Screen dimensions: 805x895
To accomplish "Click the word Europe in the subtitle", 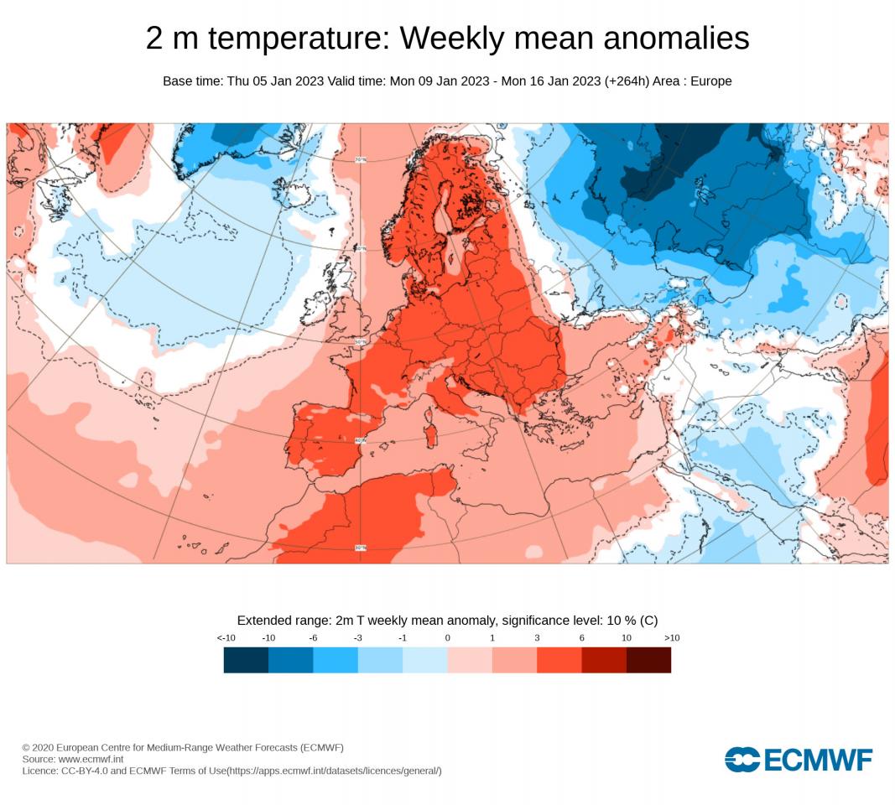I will [x=710, y=81].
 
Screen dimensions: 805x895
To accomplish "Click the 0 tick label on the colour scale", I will [x=447, y=638].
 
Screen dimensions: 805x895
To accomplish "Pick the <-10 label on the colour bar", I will [x=225, y=638].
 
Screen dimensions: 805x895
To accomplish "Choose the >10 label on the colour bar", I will [x=671, y=638].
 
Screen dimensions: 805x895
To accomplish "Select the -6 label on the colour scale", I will [x=313, y=638].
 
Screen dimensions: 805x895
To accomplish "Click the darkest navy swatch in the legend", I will [x=246, y=660].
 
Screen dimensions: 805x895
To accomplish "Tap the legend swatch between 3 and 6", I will [x=559, y=660].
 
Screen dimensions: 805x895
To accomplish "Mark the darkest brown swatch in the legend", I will [x=648, y=660].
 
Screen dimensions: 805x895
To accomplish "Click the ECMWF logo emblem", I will [x=741, y=760].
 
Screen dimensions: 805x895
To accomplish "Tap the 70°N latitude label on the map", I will [x=362, y=159].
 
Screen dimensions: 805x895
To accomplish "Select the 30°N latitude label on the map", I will [x=361, y=548].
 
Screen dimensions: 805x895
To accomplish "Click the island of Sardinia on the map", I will [x=434, y=435].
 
